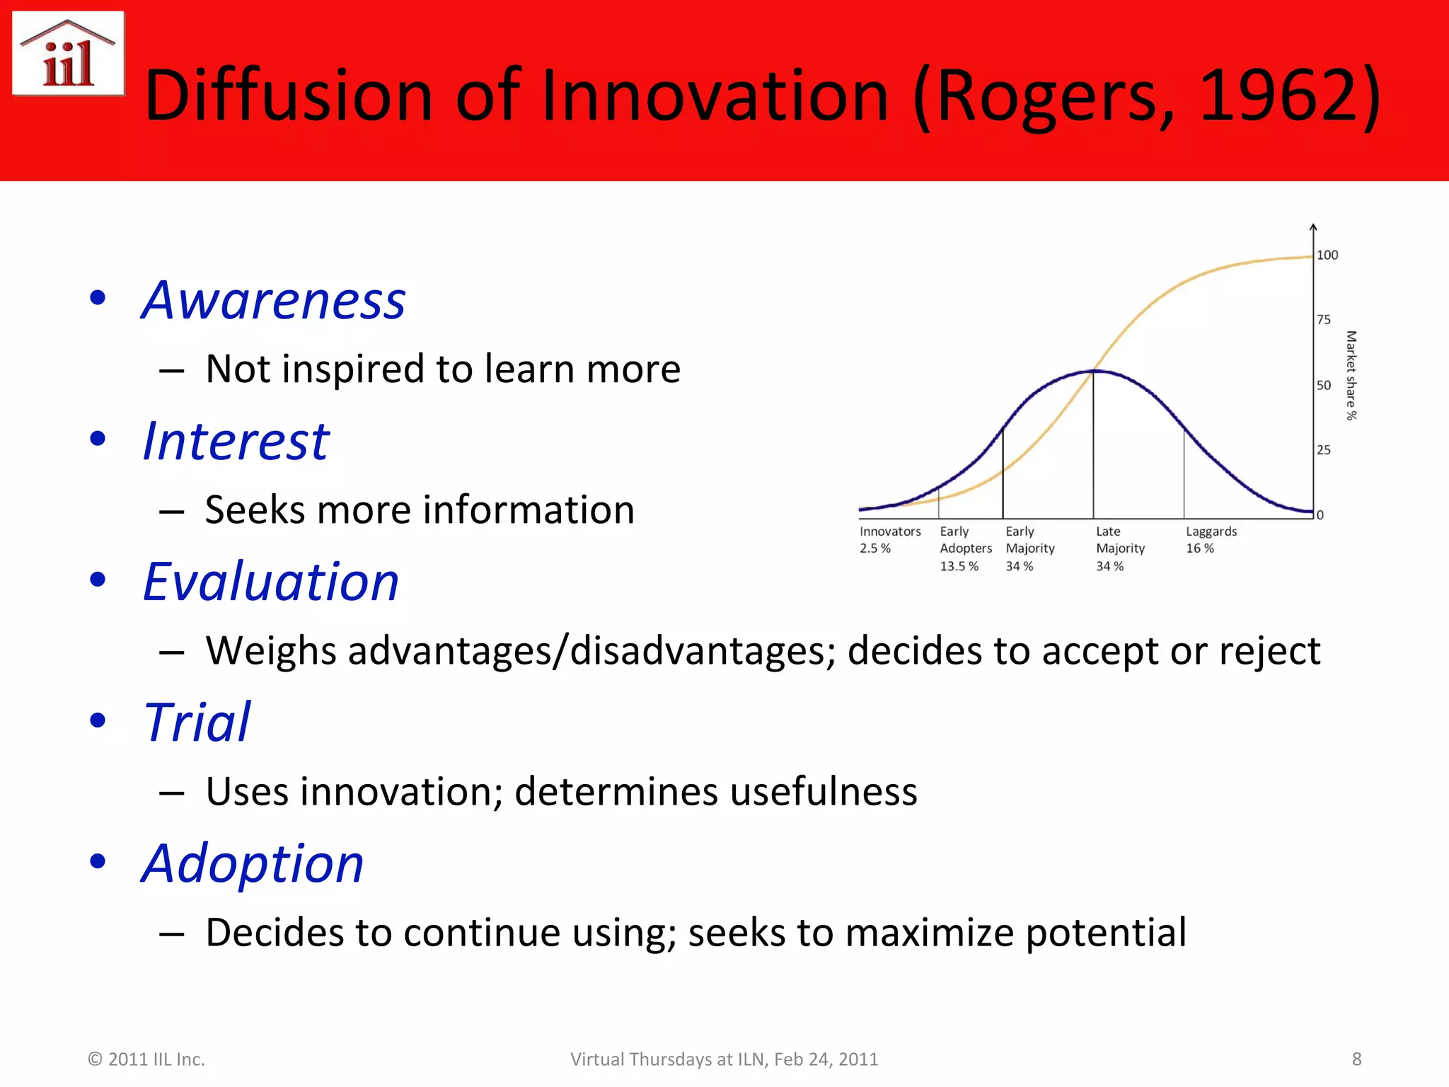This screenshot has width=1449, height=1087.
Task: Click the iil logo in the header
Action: pyautogui.click(x=68, y=54)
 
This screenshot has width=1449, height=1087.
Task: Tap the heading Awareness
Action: pyautogui.click(x=273, y=300)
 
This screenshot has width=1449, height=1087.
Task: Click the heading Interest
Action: pyautogui.click(x=236, y=441)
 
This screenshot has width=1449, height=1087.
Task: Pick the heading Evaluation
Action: pyautogui.click(x=270, y=582)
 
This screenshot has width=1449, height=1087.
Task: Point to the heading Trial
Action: pyautogui.click(x=197, y=723)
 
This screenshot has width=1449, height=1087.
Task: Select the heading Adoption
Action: pyautogui.click(x=253, y=863)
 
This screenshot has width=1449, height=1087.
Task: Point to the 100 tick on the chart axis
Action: pyautogui.click(x=1327, y=255)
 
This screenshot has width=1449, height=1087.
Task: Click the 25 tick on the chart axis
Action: pyautogui.click(x=1323, y=450)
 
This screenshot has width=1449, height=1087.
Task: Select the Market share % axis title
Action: pyautogui.click(x=1351, y=376)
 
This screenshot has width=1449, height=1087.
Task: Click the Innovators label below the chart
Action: pyautogui.click(x=890, y=531)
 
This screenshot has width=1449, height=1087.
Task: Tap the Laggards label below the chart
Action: pyautogui.click(x=1211, y=531)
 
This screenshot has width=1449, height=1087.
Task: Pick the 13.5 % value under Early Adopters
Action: pyautogui.click(x=959, y=566)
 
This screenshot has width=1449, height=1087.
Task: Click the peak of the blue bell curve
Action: pyautogui.click(x=1093, y=371)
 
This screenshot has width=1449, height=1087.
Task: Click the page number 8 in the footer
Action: pyautogui.click(x=1356, y=1059)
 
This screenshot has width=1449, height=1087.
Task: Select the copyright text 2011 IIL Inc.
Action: pyautogui.click(x=146, y=1059)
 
